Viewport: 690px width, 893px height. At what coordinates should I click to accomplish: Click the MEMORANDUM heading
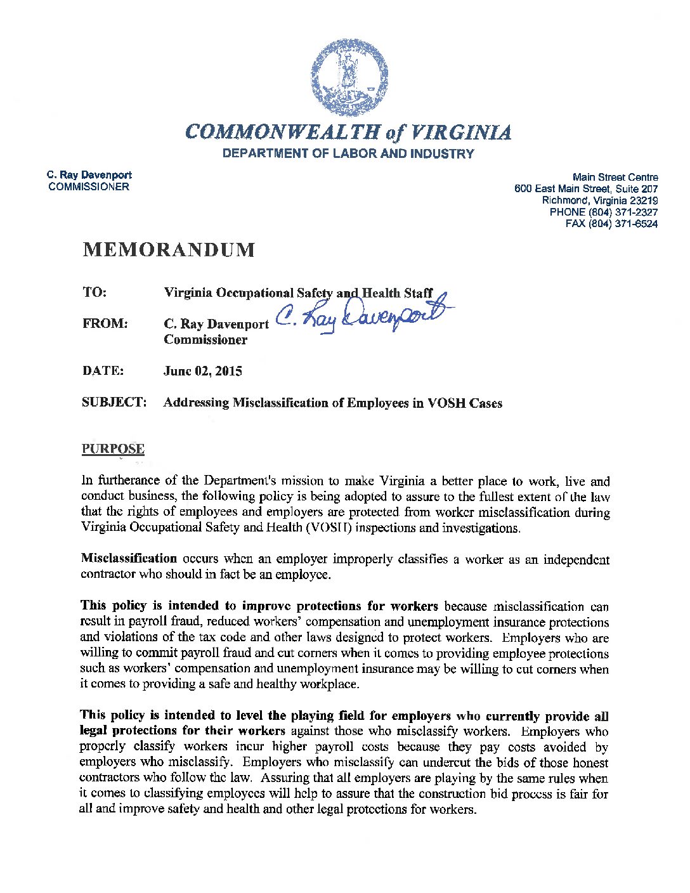point(169,250)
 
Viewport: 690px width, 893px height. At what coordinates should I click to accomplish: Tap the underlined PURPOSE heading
point(113,449)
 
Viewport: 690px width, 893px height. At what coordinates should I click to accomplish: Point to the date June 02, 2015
point(202,371)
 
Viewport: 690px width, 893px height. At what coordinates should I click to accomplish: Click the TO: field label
point(94,292)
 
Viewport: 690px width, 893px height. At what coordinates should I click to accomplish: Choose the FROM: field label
point(105,323)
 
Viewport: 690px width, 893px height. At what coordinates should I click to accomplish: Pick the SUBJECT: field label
point(114,402)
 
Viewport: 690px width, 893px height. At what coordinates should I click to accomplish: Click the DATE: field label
point(103,371)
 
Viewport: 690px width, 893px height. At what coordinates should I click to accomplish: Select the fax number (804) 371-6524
point(622,224)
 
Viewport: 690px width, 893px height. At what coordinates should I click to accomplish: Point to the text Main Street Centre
point(615,177)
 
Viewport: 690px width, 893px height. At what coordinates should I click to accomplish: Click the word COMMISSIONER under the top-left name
point(89,186)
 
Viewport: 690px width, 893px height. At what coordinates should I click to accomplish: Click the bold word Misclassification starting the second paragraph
point(129,559)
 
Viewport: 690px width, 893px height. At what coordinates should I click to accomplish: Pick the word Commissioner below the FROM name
point(205,339)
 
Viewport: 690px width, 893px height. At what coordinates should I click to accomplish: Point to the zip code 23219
point(644,200)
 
